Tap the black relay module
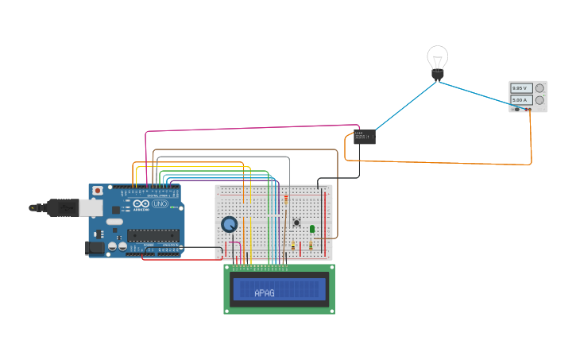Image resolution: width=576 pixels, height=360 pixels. coord(365,137)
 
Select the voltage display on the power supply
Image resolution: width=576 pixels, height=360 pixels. coord(520,88)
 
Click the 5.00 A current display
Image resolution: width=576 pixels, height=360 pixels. coord(520,100)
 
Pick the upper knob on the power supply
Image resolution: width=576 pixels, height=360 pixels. coord(539,88)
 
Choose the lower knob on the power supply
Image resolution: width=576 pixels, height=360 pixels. coord(539,100)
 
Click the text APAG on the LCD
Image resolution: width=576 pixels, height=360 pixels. coord(265,293)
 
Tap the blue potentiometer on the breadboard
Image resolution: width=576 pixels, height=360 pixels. coord(230,225)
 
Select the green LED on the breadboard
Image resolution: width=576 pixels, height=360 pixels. coord(312,229)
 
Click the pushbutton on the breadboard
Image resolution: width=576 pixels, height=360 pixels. coord(296,223)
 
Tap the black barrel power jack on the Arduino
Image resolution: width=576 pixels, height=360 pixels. coord(95,247)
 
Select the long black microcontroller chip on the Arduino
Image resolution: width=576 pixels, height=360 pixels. coord(153,234)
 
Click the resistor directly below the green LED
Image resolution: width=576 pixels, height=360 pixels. coord(311,246)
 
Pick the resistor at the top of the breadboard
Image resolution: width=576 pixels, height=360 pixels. coord(286,199)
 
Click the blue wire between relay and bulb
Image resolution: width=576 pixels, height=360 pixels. coord(405,106)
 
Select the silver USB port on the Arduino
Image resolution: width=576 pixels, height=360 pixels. coord(90,208)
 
